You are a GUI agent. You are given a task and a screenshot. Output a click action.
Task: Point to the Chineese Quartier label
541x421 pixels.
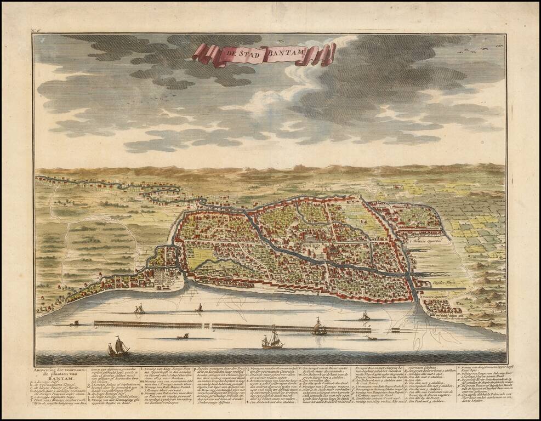coord(428,240)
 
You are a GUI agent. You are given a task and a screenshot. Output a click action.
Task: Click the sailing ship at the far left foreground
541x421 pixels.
coord(118,346)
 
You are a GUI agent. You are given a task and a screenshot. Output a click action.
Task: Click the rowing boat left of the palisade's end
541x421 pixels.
coord(74,323)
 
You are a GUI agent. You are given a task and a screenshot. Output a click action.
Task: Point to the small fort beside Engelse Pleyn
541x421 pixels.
coord(422,283)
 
